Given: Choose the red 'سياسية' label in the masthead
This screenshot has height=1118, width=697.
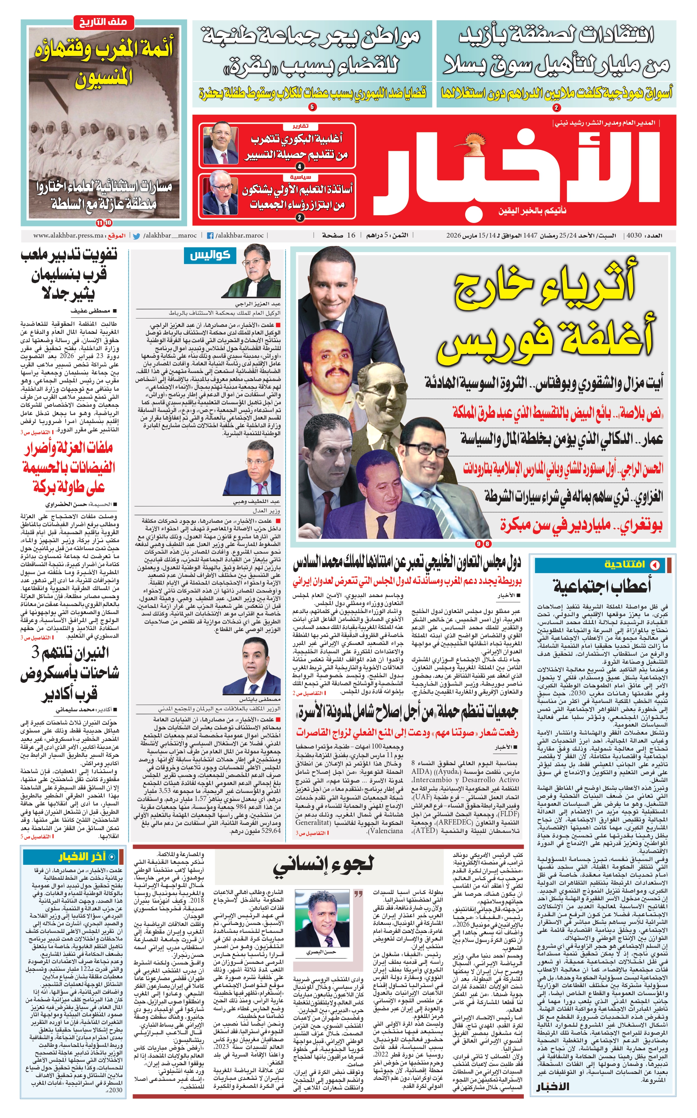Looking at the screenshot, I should click(300, 177).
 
